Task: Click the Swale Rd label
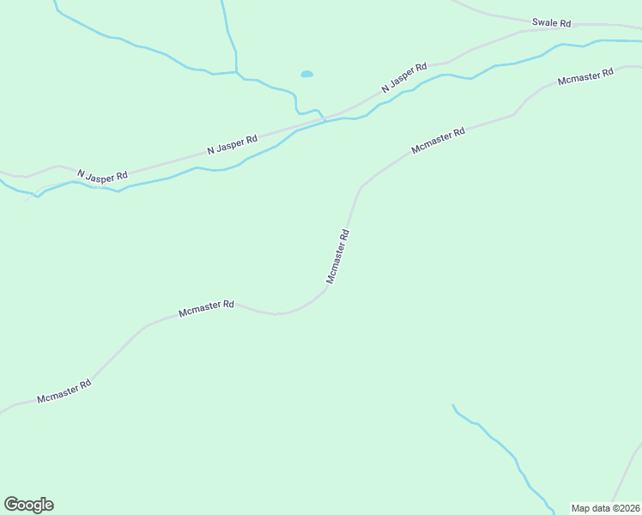coord(551,23)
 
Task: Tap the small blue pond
coord(306,75)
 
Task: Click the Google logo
coord(28,505)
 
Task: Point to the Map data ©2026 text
coord(605,508)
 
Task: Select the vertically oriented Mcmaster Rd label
coord(337,256)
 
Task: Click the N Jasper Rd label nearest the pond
coord(404,78)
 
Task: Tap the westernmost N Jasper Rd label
coord(102,176)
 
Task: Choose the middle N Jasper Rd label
coord(232,145)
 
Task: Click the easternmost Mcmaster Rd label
coord(585,76)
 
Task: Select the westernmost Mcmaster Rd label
coord(64,391)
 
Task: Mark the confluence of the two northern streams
coord(236,73)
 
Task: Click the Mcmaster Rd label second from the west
coord(206,308)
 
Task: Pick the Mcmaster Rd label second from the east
coord(438,141)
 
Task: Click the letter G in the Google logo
coord(11,504)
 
